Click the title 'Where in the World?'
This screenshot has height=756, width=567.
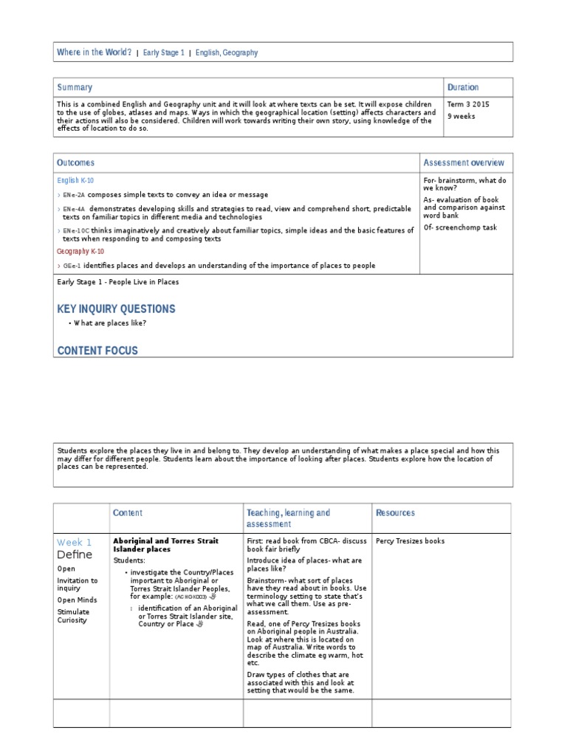pos(94,52)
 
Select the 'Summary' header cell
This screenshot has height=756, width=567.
pos(75,87)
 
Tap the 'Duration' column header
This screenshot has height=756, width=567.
pos(463,87)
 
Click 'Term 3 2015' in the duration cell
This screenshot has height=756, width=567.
pos(468,105)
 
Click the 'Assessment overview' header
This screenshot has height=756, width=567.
pos(464,162)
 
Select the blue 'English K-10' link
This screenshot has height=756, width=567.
pos(75,180)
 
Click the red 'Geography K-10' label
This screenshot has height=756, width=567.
pos(80,251)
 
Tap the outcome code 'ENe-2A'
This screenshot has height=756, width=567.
pos(74,195)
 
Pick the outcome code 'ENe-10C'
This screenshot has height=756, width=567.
pos(76,231)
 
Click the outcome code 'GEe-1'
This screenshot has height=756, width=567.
pos(72,265)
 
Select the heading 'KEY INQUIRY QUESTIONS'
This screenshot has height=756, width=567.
pos(116,309)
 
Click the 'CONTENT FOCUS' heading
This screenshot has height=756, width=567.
pos(97,351)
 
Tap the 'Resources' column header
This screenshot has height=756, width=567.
pos(395,512)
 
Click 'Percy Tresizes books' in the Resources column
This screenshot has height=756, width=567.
pos(410,541)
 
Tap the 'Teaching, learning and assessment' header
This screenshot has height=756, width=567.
pos(288,518)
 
